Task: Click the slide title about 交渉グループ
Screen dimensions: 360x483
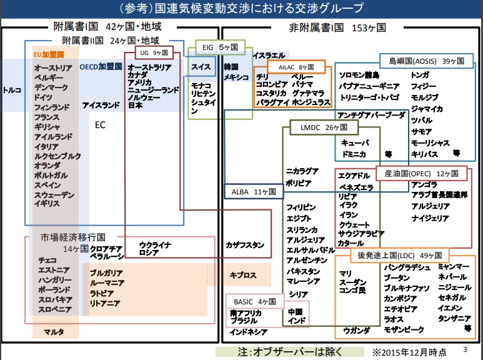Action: click(x=241, y=9)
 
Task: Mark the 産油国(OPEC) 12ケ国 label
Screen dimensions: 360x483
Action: click(x=421, y=172)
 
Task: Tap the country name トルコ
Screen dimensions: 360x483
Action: click(x=12, y=90)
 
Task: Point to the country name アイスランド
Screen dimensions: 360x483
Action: click(x=101, y=106)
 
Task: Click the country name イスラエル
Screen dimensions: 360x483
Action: click(x=269, y=55)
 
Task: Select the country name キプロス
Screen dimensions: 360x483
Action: click(x=242, y=274)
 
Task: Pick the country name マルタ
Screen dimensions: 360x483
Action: click(x=53, y=331)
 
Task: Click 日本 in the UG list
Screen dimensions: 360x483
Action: click(x=135, y=106)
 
